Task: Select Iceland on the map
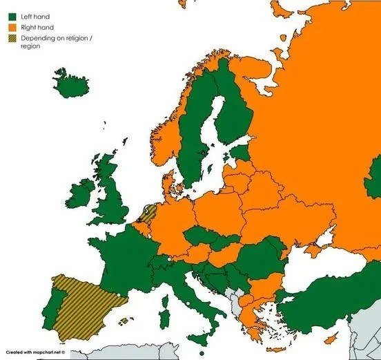pyautogui.click(x=72, y=86)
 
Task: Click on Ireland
pyautogui.click(x=80, y=191)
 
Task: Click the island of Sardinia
pyautogui.click(x=164, y=319)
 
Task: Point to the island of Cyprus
pyautogui.click(x=331, y=338)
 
